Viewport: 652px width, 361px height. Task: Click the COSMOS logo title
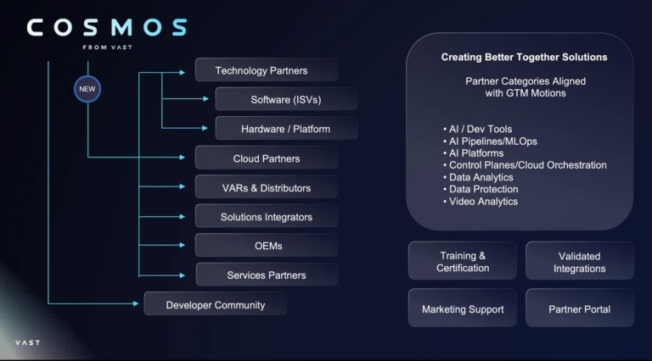click(x=107, y=28)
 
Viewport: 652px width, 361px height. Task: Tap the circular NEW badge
click(x=87, y=88)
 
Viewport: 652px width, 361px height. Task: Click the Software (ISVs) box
click(x=286, y=100)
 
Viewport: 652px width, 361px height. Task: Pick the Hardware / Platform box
click(x=286, y=129)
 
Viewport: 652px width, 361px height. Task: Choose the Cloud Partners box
click(x=266, y=158)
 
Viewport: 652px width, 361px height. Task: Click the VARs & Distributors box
click(x=266, y=187)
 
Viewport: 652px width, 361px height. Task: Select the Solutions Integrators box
click(x=266, y=217)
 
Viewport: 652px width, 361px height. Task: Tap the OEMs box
click(x=266, y=246)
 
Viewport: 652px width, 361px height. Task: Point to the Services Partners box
click(x=267, y=275)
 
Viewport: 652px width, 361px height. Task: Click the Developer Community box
click(x=215, y=304)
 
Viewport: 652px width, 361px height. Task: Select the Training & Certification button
click(x=463, y=262)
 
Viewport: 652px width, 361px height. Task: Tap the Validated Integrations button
click(x=580, y=262)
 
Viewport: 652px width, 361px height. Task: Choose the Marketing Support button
click(x=463, y=309)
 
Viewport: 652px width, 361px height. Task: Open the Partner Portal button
click(x=580, y=309)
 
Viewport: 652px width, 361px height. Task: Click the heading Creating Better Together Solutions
click(x=524, y=57)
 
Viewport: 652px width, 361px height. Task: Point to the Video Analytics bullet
click(x=483, y=202)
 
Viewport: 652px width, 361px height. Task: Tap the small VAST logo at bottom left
click(x=27, y=342)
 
